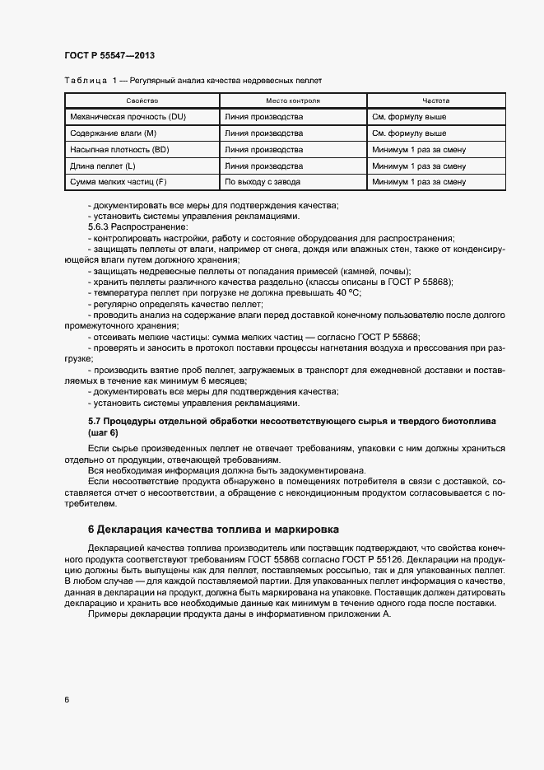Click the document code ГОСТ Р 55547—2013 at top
(x=109, y=55)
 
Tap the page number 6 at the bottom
(x=67, y=699)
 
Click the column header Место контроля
(x=294, y=100)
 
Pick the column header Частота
(x=436, y=100)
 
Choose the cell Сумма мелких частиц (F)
(x=119, y=181)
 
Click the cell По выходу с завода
(x=263, y=181)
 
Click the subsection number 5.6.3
(x=100, y=226)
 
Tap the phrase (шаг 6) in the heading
(x=103, y=432)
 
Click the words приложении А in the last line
(x=358, y=614)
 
